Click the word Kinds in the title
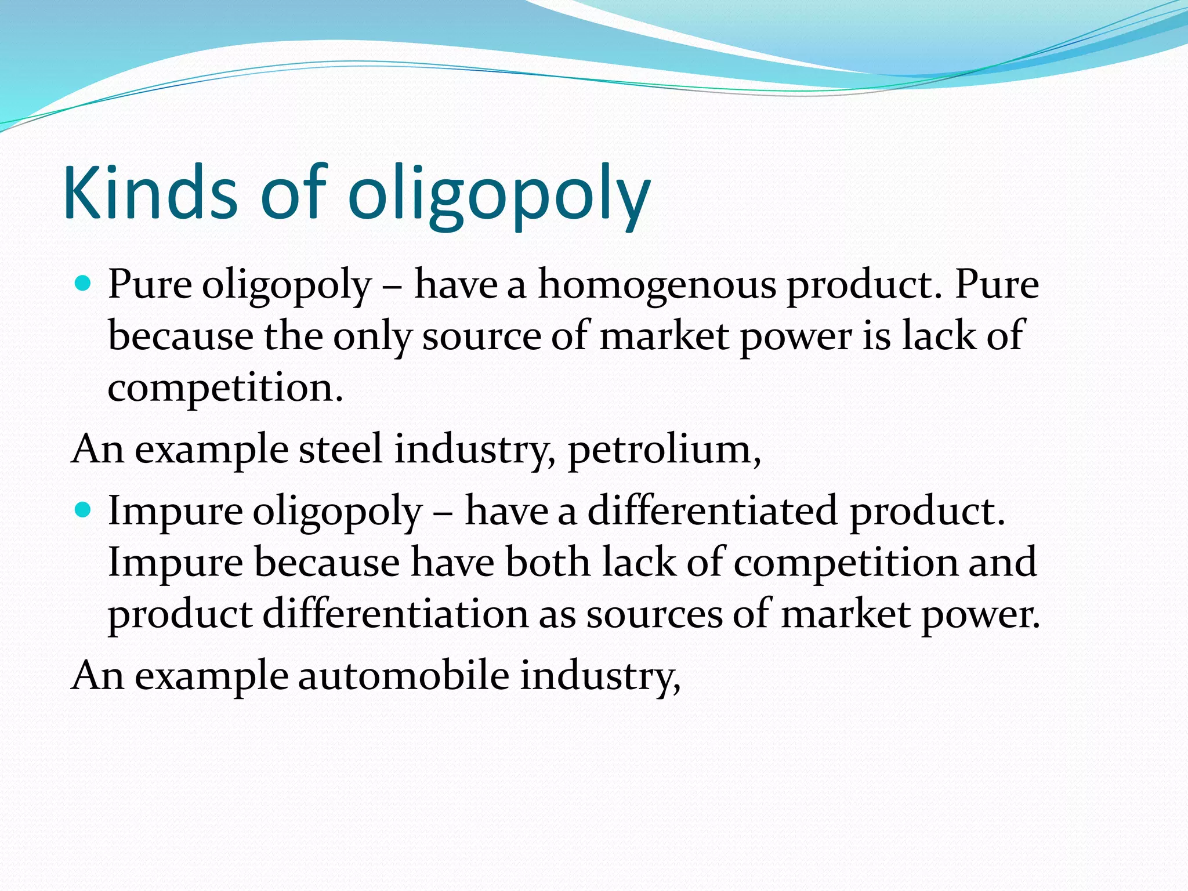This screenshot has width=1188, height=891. point(150,193)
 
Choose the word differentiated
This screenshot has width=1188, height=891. point(712,511)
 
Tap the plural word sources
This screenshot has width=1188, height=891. point(654,615)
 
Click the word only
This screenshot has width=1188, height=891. point(372,337)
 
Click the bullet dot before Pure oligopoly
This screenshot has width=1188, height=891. point(84,284)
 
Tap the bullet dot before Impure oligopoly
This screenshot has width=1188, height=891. point(84,510)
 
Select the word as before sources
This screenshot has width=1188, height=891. point(557,615)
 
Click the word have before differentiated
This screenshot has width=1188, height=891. point(506,511)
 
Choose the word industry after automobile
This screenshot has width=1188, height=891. point(599,676)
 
